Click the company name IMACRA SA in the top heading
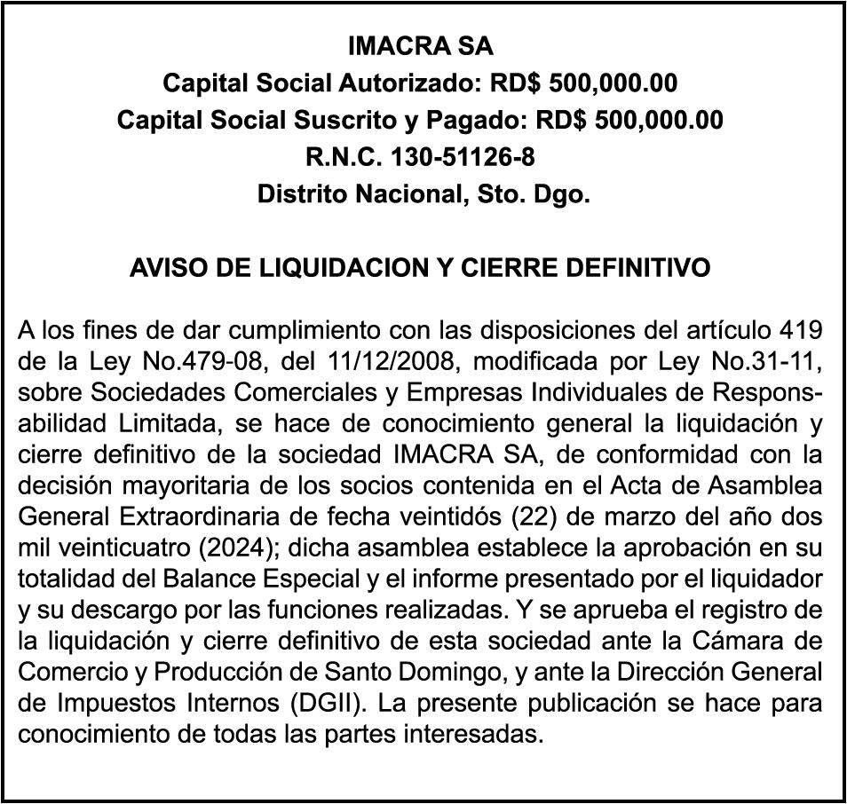421,45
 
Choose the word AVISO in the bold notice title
162,267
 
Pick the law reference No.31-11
766,363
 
